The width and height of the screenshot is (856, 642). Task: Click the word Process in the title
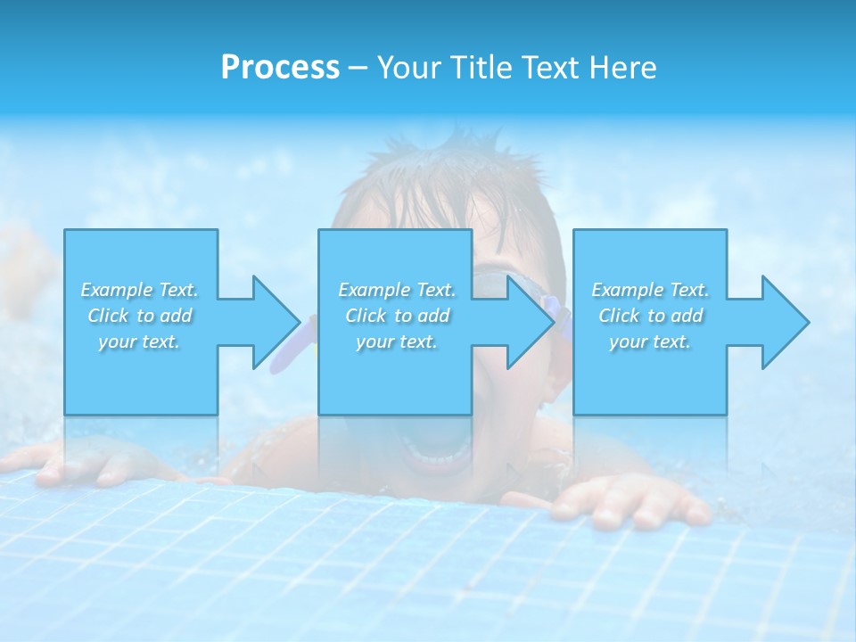click(280, 68)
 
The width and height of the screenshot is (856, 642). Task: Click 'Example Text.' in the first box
click(140, 290)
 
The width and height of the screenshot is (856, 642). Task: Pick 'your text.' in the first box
click(140, 342)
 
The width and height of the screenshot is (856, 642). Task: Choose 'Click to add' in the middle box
click(397, 316)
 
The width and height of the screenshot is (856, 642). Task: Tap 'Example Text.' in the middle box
click(397, 290)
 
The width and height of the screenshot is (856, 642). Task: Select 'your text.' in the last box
click(650, 342)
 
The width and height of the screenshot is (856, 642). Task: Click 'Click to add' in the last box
click(650, 316)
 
